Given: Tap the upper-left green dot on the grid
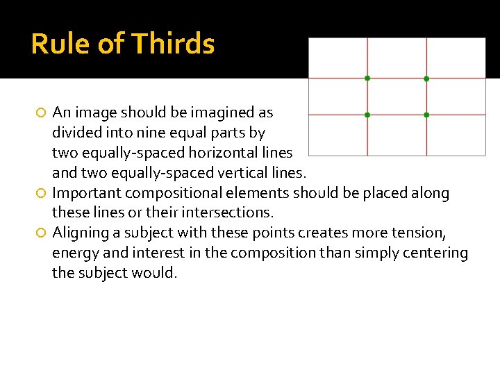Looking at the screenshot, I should click(367, 78).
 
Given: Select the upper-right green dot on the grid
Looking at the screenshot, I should click(426, 78).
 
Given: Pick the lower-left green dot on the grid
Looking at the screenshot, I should click(367, 114).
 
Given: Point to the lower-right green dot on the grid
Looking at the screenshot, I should click(426, 114).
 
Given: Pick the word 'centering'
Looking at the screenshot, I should click(435, 253).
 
